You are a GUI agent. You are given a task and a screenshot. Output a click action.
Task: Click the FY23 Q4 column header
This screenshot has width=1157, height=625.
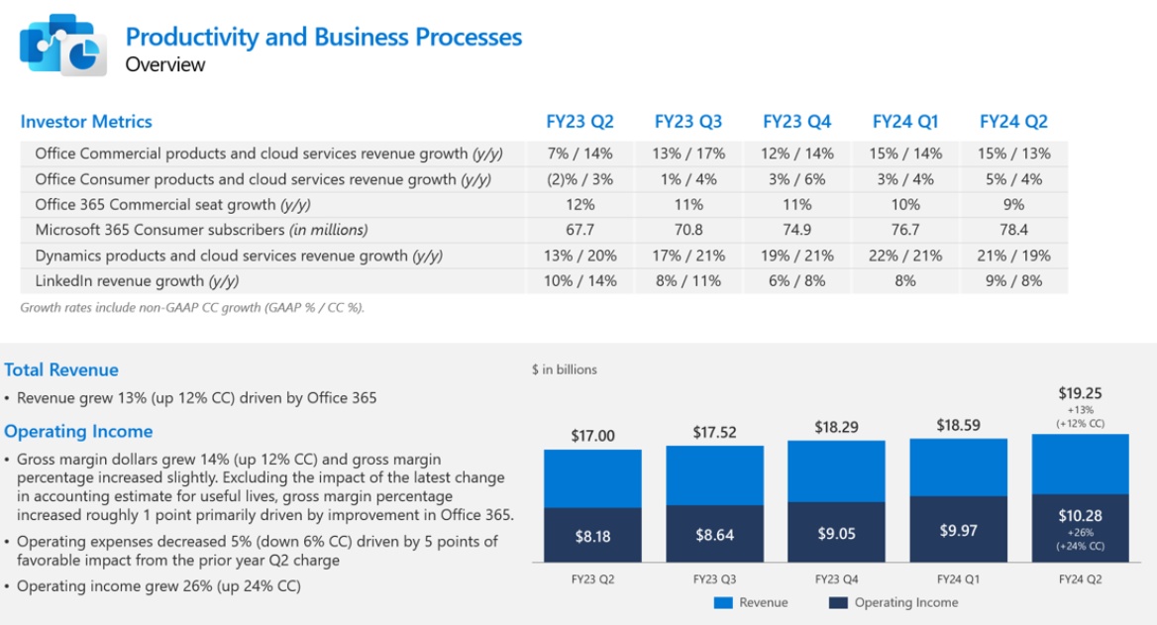(x=796, y=122)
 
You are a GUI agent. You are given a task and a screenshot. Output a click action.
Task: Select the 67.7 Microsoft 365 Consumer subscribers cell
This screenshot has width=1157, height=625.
(x=579, y=230)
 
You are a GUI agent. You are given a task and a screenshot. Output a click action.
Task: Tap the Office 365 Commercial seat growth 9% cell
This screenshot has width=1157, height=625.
(x=1013, y=204)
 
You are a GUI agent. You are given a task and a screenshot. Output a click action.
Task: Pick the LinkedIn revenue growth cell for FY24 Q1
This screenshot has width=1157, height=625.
(x=905, y=280)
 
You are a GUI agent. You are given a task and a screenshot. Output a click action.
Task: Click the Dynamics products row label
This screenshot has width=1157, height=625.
(x=239, y=256)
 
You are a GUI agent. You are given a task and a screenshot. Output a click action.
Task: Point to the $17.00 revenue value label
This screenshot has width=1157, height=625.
(x=592, y=436)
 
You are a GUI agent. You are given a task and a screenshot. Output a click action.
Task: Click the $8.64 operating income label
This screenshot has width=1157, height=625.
(x=714, y=536)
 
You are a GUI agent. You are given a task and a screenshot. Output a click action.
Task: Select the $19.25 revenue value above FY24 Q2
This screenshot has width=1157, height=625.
(x=1080, y=393)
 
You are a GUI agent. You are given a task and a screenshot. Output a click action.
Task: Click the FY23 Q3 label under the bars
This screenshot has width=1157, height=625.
(x=714, y=578)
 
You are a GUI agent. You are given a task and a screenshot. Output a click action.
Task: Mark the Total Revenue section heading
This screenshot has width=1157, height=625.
(x=61, y=369)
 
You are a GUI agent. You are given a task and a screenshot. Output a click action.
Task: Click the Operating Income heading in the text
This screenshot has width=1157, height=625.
(x=78, y=431)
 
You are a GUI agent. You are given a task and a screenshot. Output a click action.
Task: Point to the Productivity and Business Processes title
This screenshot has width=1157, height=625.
(x=323, y=38)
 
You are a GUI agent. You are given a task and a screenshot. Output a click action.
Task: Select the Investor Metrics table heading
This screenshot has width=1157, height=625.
(x=86, y=122)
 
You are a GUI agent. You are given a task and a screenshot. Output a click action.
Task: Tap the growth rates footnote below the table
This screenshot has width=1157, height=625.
(x=192, y=307)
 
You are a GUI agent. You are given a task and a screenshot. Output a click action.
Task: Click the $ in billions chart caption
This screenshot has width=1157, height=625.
(x=565, y=369)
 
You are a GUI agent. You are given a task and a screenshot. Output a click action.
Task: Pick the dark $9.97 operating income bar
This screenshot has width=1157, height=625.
(x=958, y=530)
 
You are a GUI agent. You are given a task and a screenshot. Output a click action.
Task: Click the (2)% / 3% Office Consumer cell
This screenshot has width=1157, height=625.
(x=579, y=179)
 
